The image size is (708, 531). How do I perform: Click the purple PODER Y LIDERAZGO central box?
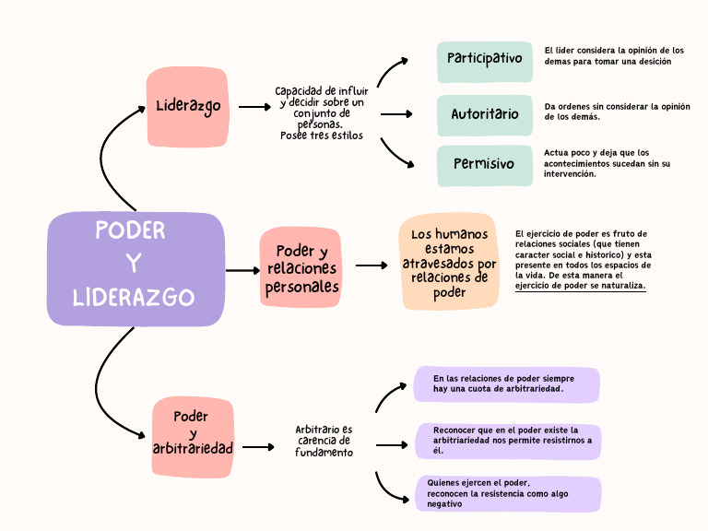point(136,268)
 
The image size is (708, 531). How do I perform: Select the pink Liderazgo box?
point(187,106)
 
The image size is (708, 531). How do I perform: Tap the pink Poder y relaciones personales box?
point(301,267)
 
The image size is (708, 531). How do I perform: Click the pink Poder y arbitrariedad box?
point(192,437)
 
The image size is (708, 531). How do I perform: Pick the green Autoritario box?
point(484,114)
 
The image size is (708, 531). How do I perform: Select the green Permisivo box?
point(484,165)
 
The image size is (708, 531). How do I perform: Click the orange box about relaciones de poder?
point(448,263)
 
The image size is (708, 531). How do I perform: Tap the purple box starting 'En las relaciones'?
point(506,383)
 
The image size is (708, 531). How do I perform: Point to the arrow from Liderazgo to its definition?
point(254,107)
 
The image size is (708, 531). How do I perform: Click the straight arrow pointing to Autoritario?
point(395,114)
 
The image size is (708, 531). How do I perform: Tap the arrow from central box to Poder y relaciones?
point(243,270)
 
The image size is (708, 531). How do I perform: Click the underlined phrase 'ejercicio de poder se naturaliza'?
point(580,286)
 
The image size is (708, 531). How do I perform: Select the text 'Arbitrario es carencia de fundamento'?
point(324,441)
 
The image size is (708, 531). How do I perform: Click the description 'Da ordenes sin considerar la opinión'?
point(617,112)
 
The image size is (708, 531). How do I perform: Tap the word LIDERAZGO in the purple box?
point(134,298)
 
